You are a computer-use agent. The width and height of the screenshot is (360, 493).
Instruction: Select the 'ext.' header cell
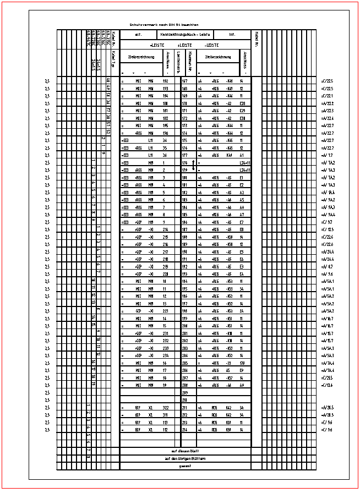click(x=139, y=35)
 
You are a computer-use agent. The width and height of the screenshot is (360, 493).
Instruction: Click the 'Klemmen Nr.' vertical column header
click(x=190, y=61)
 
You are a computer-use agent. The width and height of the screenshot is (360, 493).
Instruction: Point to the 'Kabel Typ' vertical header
click(x=112, y=58)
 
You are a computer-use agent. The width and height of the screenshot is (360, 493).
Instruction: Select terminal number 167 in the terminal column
click(x=185, y=81)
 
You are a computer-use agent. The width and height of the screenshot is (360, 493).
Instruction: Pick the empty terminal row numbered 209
click(x=185, y=393)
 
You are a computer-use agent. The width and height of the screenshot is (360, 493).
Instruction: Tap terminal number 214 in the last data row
click(x=185, y=428)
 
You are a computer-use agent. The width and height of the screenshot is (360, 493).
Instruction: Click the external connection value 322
click(x=164, y=407)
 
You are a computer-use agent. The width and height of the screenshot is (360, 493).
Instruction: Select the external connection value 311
click(x=164, y=414)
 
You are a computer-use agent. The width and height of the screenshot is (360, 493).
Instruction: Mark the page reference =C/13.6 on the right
click(x=327, y=386)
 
